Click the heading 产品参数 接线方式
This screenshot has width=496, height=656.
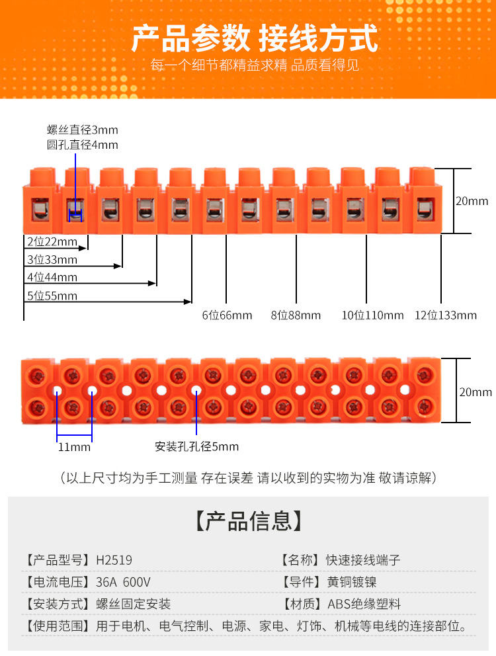[255, 38]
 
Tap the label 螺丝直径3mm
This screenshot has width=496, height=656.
[82, 130]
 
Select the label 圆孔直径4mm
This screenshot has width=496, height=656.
[82, 145]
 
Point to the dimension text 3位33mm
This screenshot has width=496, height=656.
[52, 259]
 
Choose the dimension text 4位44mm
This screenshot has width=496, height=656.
[52, 277]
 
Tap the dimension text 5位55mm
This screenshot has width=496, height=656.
[52, 296]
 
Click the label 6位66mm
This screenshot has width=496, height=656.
[227, 315]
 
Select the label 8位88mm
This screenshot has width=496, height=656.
[296, 315]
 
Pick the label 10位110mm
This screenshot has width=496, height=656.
[372, 315]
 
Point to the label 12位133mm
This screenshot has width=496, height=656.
[445, 315]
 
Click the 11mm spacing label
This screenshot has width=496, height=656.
[74, 447]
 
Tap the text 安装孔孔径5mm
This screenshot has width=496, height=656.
[196, 446]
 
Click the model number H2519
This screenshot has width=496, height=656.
[114, 560]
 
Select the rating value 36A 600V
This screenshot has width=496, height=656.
[123, 582]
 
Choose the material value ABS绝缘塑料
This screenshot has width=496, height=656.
[364, 604]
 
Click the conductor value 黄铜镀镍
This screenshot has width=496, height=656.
[351, 582]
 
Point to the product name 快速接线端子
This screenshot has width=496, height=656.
[363, 560]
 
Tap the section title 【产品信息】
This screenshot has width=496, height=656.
[248, 521]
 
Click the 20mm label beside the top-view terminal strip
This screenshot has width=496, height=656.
[475, 392]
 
